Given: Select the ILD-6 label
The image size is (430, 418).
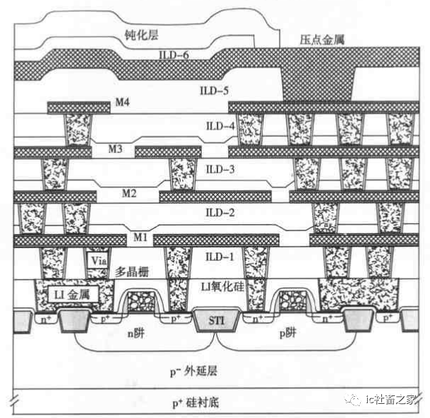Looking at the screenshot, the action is (174, 54).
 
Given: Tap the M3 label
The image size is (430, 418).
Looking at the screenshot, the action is (114, 149).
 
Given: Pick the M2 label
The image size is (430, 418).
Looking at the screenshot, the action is (129, 192).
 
